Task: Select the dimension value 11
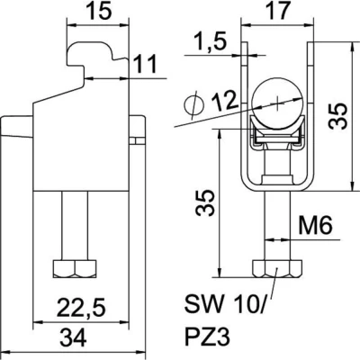click(x=145, y=64)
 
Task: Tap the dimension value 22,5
click(x=81, y=307)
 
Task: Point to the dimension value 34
click(x=73, y=337)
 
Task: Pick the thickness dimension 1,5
click(x=210, y=41)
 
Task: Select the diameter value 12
click(x=224, y=101)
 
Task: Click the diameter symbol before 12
click(x=193, y=104)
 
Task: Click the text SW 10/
click(x=225, y=304)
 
